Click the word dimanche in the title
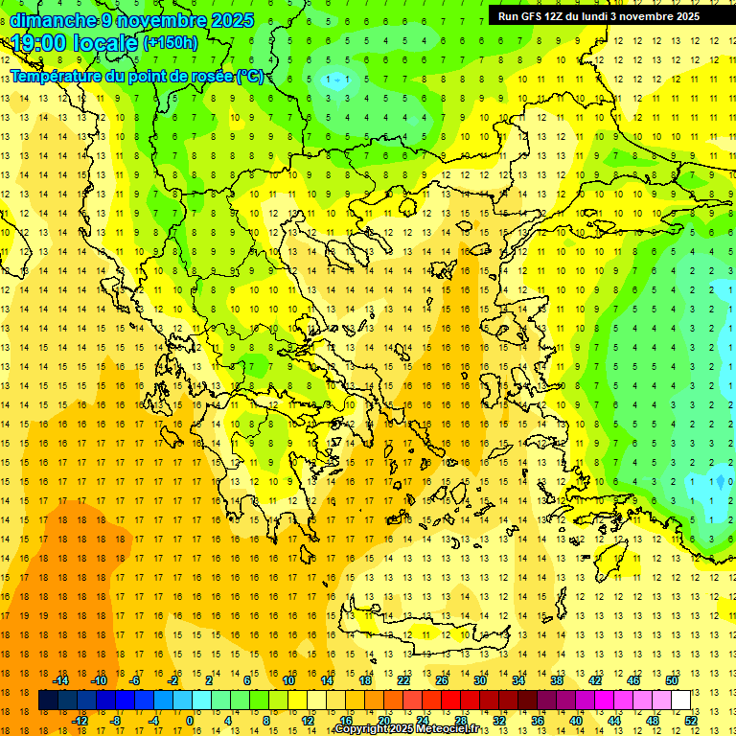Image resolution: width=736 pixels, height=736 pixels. coord(54,20)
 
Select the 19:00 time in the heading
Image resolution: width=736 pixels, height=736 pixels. coord(39,43)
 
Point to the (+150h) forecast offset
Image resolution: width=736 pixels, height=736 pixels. coord(171,43)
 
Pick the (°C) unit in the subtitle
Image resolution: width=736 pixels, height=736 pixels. coord(251,76)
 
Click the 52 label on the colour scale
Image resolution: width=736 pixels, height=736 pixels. coord(690,721)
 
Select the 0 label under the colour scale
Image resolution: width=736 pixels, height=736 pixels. coord(190,721)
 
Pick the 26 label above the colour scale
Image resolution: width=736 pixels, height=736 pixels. coord(442,680)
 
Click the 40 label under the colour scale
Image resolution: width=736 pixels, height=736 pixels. coord(576,721)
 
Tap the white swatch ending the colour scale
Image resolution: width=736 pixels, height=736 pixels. coord(680,701)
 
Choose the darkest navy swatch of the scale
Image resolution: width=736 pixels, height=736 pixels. coord(48,701)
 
